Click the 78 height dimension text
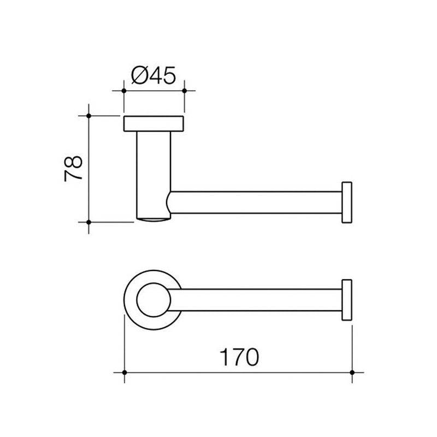73,168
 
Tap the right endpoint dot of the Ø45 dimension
184,90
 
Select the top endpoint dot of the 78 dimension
88,115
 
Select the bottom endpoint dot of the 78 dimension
88,222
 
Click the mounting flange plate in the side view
154,123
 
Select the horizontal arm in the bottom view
257,299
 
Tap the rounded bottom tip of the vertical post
154,220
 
